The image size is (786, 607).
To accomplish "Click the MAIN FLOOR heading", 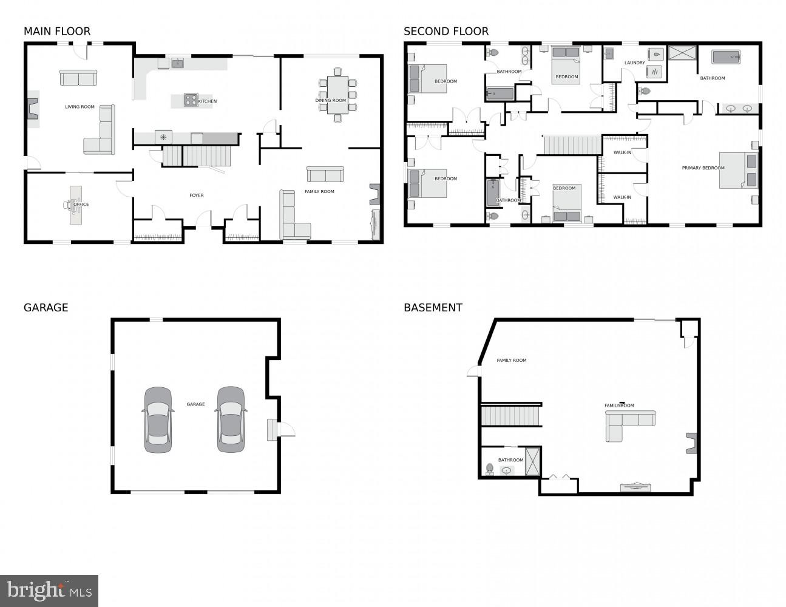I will (x=57, y=32).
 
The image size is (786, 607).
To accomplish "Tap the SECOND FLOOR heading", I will (x=446, y=32).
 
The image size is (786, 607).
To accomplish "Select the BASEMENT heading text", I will (x=433, y=308).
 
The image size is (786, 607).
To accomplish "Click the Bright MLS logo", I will (x=49, y=590).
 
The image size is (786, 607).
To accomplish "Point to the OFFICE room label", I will (x=81, y=205).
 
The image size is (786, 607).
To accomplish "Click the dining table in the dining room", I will (x=337, y=95).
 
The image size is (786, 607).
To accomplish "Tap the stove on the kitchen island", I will (x=191, y=100).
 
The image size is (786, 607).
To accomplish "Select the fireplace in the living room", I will (x=32, y=109).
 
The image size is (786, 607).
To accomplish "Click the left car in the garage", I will (x=158, y=419).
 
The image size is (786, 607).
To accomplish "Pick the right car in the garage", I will (x=231, y=419).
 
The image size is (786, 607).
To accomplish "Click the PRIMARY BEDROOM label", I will (x=703, y=168).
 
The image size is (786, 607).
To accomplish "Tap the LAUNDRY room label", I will (x=634, y=63).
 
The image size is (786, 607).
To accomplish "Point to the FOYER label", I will (x=196, y=195).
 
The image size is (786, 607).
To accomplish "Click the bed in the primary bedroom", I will (x=738, y=171).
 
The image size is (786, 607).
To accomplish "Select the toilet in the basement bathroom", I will (x=490, y=469).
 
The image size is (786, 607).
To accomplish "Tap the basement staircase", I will (x=510, y=416).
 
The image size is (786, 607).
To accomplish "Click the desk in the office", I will (x=76, y=205).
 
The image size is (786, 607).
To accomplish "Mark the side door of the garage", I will (x=285, y=430).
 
